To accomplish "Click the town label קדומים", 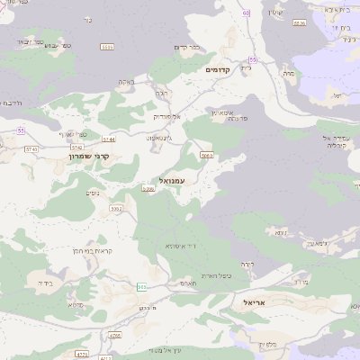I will coord(218,69).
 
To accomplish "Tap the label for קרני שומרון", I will coord(89,156).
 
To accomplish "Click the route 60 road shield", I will coord(246,13).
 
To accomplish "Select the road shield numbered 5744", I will coord(109,139).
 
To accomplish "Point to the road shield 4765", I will coord(114,336).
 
